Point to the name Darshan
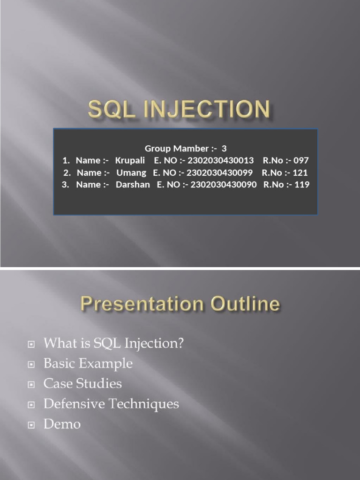coord(133,185)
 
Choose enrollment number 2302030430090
coord(224,185)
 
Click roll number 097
coord(300,161)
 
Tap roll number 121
coord(300,172)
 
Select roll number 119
coord(301,185)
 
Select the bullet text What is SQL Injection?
coord(113,344)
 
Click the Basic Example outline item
coord(88,364)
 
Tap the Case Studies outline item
coord(82,384)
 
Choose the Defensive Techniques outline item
coord(111,404)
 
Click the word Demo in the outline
coord(62,425)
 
